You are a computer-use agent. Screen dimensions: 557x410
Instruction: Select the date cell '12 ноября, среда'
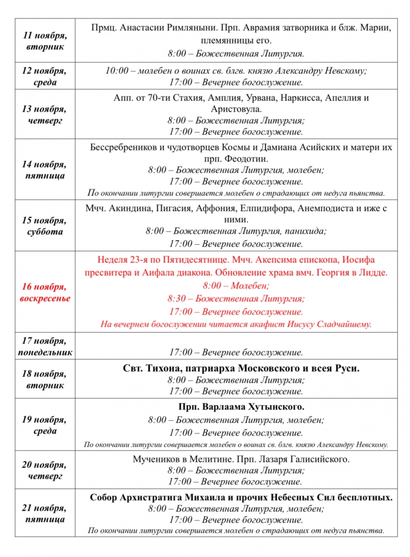[x=45, y=76]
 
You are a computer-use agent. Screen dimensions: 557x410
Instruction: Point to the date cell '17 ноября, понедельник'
[x=45, y=346]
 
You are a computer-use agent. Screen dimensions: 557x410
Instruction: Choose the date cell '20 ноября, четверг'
[x=45, y=471]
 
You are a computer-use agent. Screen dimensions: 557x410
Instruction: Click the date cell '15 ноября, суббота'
[x=45, y=226]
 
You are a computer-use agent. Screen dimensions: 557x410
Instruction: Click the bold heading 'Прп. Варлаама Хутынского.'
[x=241, y=407]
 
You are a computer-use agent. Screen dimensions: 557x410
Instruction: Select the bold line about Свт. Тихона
[x=241, y=368]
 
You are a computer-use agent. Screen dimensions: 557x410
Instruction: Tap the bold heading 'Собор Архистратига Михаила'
[x=241, y=497]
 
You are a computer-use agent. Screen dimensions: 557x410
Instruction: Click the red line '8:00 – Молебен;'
[x=236, y=286]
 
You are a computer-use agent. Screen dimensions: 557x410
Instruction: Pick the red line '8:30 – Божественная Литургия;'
[x=236, y=299]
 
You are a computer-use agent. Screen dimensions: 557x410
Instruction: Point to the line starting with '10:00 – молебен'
[x=236, y=71]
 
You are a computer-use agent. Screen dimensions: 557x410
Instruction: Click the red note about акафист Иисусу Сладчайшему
[x=236, y=324]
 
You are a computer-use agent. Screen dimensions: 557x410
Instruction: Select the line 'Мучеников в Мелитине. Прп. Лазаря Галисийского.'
[x=241, y=460]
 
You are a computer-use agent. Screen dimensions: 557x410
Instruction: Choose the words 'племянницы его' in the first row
[x=241, y=40]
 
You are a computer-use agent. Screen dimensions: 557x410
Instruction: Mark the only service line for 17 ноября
[x=236, y=352]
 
